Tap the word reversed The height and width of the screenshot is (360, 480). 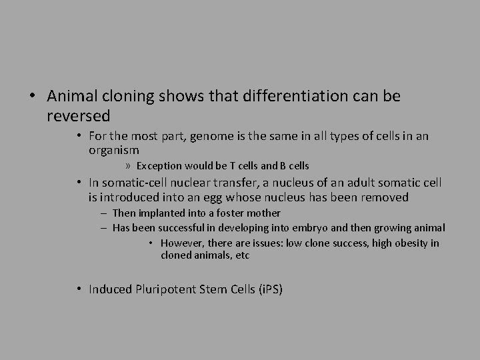(79, 116)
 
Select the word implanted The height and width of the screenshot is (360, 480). (163, 213)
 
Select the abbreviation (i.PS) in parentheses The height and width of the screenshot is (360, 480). (270, 289)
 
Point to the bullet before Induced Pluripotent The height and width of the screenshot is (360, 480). (79, 289)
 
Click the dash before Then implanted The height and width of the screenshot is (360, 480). (105, 213)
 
